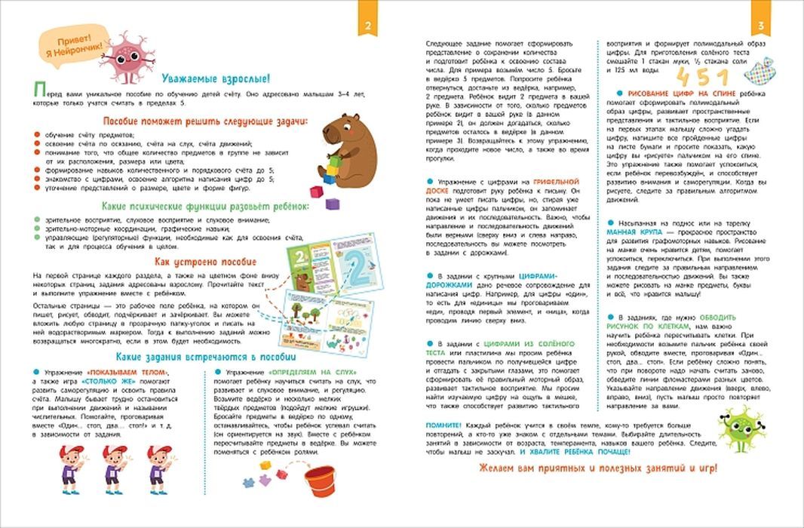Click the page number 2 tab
(367, 27)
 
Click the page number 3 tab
(761, 27)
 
